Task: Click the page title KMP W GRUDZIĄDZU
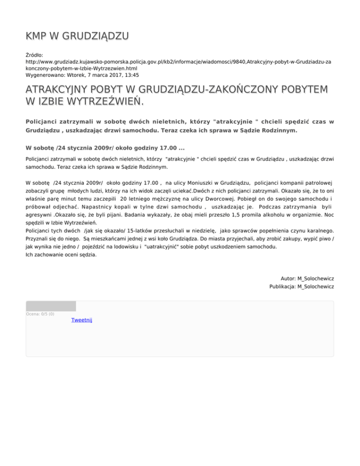pyautogui.click(x=77, y=36)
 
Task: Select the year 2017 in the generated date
pyautogui.click(x=112, y=75)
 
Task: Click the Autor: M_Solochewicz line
pyautogui.click(x=307, y=278)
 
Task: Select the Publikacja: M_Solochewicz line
pyautogui.click(x=301, y=286)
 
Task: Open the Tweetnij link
pyautogui.click(x=82, y=320)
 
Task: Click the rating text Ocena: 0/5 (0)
pyautogui.click(x=40, y=314)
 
